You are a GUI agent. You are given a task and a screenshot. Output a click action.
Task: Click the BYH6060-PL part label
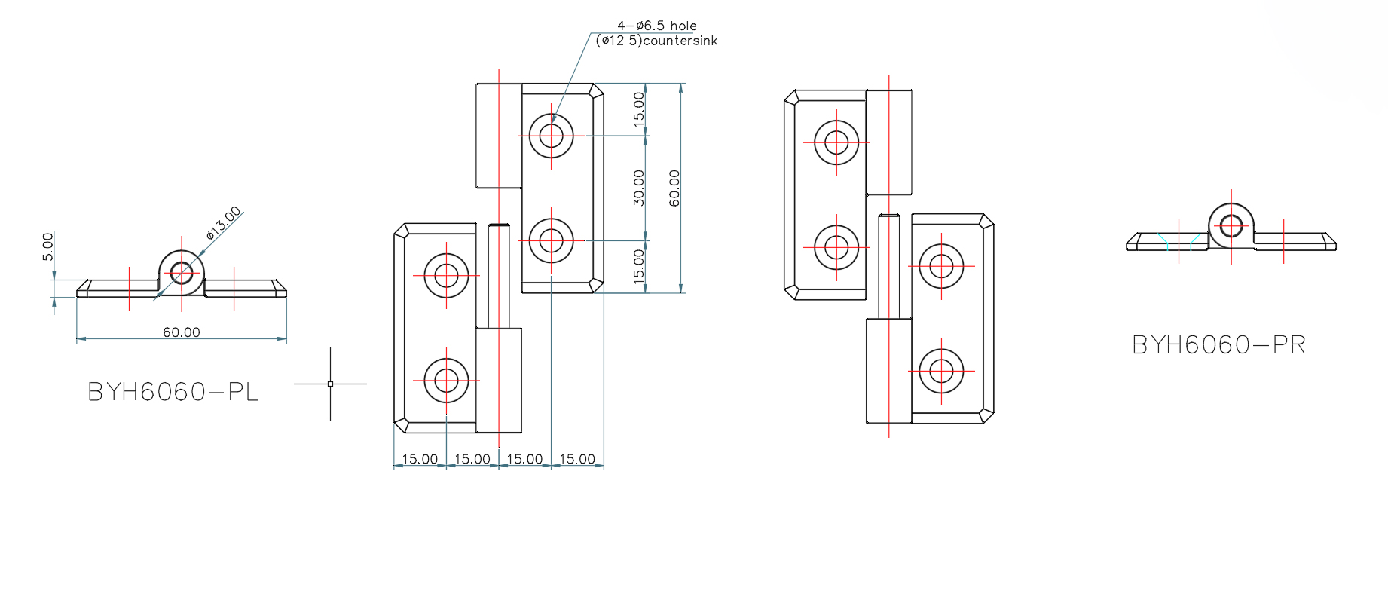pos(173,392)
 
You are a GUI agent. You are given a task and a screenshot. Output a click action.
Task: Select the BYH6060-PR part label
pos(1218,345)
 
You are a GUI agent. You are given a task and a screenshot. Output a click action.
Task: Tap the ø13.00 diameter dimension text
pos(224,223)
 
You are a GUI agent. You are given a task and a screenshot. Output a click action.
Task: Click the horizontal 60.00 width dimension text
pos(182,332)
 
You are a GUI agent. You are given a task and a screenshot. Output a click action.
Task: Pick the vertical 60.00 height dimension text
pos(674,188)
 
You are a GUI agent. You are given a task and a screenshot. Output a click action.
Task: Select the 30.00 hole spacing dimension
pos(639,188)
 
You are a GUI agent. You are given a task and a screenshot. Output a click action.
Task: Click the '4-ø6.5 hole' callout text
pos(657,26)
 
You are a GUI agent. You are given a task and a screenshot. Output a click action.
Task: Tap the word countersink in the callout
pos(680,41)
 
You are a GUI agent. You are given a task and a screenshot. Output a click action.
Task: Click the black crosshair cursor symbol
pos(330,384)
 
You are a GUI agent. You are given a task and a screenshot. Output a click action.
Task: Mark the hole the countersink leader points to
pos(552,136)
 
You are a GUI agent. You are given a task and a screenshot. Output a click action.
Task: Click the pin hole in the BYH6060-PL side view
pos(181,272)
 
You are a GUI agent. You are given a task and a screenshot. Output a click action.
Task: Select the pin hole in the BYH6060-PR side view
pos(1231,225)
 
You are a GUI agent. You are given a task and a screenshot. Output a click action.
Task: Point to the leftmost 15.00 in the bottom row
pos(420,459)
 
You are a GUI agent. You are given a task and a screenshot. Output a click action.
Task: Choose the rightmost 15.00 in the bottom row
pos(577,459)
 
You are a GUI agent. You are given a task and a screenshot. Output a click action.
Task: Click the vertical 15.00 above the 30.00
pos(639,109)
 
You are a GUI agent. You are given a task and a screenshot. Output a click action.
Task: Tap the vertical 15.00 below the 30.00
pos(639,266)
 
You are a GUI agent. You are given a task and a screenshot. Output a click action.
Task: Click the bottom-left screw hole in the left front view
pos(446,381)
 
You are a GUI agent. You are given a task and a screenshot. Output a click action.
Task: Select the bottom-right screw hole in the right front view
pos(941,371)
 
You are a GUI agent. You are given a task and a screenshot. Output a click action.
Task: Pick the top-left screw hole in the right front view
pos(836,142)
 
